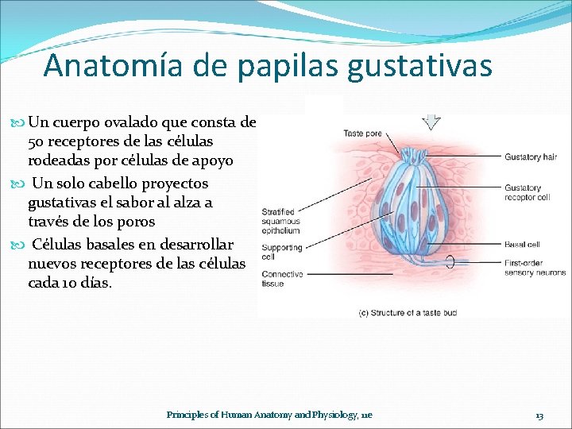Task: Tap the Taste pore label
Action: (x=362, y=133)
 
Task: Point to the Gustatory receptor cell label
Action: (x=527, y=192)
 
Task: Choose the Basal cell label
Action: (x=522, y=244)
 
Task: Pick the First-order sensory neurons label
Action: (x=535, y=268)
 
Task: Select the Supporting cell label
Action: (x=281, y=252)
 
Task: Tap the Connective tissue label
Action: (x=281, y=279)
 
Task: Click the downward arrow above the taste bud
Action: (x=432, y=122)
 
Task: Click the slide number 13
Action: (x=539, y=415)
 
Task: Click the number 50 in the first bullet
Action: (x=36, y=141)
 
